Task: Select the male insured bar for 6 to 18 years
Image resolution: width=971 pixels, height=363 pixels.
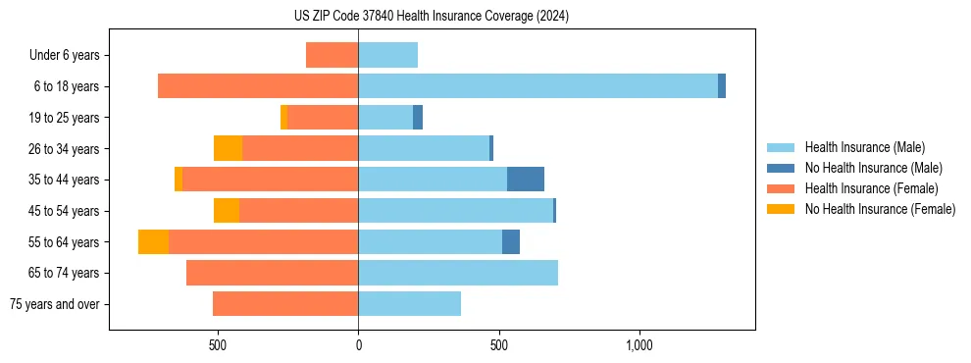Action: click(x=537, y=86)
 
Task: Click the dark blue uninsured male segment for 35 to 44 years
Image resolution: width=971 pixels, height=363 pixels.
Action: click(x=526, y=180)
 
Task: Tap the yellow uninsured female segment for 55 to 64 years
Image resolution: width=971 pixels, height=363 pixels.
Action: click(x=153, y=241)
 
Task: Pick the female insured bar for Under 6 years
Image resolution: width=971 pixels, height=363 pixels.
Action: click(x=332, y=55)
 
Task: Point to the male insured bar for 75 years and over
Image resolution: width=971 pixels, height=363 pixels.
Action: click(x=409, y=304)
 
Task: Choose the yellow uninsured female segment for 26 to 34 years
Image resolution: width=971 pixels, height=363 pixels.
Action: click(x=228, y=148)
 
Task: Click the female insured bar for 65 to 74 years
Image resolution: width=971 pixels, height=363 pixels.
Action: click(x=272, y=273)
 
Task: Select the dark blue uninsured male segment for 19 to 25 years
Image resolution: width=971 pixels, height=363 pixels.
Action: click(x=418, y=118)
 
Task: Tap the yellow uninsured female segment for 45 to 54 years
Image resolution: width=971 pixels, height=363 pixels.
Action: click(x=227, y=211)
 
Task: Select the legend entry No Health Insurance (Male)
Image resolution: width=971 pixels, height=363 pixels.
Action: click(x=863, y=168)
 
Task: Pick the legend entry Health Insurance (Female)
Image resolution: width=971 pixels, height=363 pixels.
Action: click(x=863, y=188)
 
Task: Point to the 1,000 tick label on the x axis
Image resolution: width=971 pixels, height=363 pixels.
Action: click(x=639, y=346)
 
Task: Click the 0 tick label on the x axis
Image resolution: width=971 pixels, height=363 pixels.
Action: click(x=358, y=346)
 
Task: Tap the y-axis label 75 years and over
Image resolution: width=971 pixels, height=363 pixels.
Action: click(x=54, y=304)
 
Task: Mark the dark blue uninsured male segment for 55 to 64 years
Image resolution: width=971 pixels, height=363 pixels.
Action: click(x=511, y=241)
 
